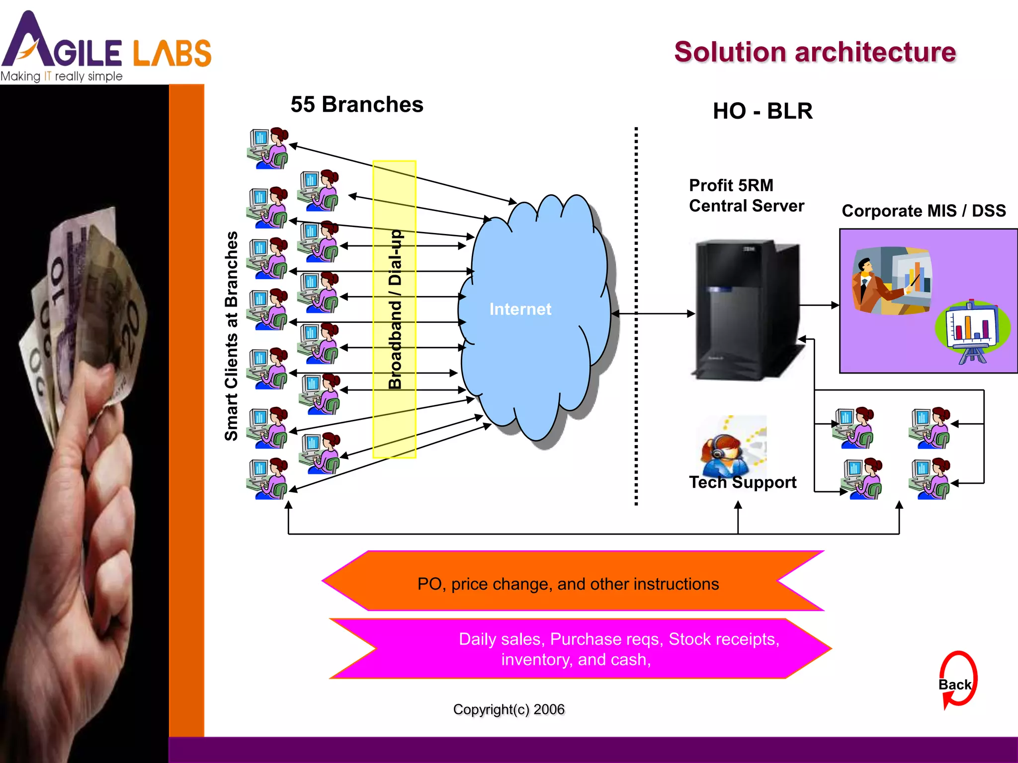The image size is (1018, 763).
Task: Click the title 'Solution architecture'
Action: coord(814,53)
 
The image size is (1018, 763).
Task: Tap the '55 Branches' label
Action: coord(356,105)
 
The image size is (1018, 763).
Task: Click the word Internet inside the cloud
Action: coord(520,309)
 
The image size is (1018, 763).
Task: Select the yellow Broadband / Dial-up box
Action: coord(394,308)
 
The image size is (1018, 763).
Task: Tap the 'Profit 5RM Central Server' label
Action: coord(745,196)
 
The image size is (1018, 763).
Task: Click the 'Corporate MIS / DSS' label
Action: coord(923,211)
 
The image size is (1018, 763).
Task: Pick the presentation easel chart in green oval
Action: coord(971,331)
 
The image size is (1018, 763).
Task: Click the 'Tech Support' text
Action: coord(742,482)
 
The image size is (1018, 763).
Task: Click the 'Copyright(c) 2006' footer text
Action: coord(508,709)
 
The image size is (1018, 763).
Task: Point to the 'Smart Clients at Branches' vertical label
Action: coord(231,336)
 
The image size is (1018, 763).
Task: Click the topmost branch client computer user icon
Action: coord(267,148)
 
